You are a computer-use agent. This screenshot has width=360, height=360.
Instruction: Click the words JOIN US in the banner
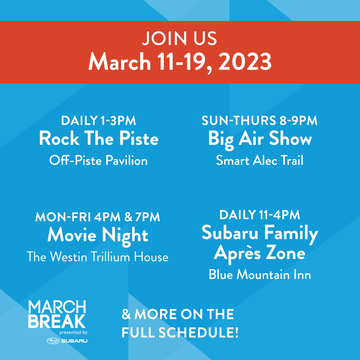tap(179, 39)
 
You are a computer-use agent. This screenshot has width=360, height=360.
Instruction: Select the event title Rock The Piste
tap(99, 139)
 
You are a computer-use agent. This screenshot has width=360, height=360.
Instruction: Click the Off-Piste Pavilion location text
tap(98, 161)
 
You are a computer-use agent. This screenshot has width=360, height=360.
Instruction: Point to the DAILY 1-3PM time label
tap(98, 121)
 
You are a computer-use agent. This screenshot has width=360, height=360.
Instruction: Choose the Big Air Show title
tap(260, 139)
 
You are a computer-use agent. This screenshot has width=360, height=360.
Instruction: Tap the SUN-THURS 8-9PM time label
tap(260, 121)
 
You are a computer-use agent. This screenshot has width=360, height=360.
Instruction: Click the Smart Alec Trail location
tap(260, 161)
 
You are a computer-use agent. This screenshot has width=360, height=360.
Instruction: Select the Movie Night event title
tap(98, 235)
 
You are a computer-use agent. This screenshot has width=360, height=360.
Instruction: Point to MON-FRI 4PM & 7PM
tap(98, 217)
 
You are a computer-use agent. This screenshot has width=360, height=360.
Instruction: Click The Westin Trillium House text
tap(98, 257)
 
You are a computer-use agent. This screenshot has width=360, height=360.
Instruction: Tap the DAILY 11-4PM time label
tap(260, 215)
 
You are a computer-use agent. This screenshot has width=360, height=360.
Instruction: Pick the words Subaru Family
tap(260, 233)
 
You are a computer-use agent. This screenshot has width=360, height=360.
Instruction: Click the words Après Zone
tap(260, 253)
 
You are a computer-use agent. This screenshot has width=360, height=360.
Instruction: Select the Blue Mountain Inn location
tap(260, 275)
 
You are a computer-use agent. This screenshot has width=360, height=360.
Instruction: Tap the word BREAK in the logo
tap(57, 321)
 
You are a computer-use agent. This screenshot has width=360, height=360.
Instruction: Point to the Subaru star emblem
tap(53, 341)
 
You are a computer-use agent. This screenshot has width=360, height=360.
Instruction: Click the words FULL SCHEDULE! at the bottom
tap(180, 333)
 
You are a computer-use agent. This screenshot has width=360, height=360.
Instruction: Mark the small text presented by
tap(73, 332)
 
